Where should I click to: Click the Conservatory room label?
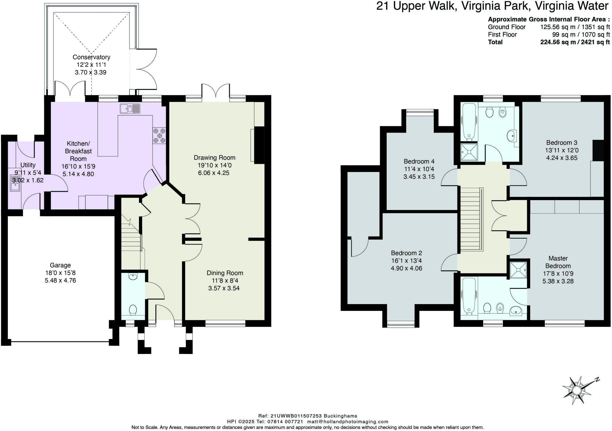[x=91, y=57]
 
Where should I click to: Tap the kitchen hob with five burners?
[x=159, y=135]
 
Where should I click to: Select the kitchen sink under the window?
[x=130, y=108]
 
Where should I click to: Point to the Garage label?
[x=60, y=265]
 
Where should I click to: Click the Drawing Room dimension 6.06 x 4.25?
[x=214, y=173]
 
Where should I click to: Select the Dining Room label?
[x=225, y=273]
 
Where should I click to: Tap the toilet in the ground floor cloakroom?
[x=133, y=309]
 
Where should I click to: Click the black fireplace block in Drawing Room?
[x=259, y=145]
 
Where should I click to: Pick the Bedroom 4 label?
[x=419, y=161]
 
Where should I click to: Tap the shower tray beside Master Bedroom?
[x=518, y=270]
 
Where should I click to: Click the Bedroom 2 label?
[x=406, y=253]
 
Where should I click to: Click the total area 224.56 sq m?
[x=558, y=42]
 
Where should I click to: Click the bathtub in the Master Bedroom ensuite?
[x=469, y=295]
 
